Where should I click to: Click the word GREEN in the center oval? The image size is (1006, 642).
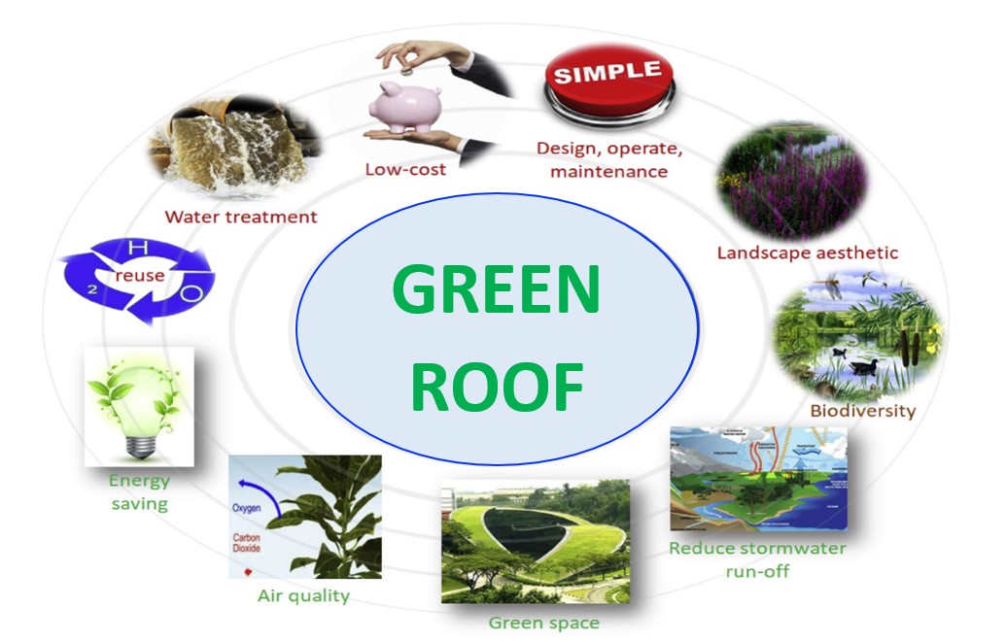pyautogui.click(x=497, y=289)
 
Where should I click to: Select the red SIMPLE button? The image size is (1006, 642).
pyautogui.click(x=607, y=78)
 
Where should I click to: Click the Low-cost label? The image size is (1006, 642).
pyautogui.click(x=405, y=169)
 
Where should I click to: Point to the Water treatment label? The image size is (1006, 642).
pyautogui.click(x=241, y=217)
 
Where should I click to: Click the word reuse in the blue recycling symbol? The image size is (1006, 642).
pyautogui.click(x=140, y=276)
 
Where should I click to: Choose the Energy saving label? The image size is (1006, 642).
pyautogui.click(x=138, y=491)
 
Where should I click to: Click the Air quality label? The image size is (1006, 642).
pyautogui.click(x=303, y=595)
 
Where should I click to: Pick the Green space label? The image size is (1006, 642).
pyautogui.click(x=543, y=623)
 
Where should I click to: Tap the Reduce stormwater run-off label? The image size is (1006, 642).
pyautogui.click(x=757, y=558)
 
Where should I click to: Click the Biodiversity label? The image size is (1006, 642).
pyautogui.click(x=862, y=410)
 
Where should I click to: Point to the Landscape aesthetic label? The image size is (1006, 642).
pyautogui.click(x=807, y=253)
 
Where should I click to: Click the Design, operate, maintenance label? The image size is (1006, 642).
pyautogui.click(x=609, y=160)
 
